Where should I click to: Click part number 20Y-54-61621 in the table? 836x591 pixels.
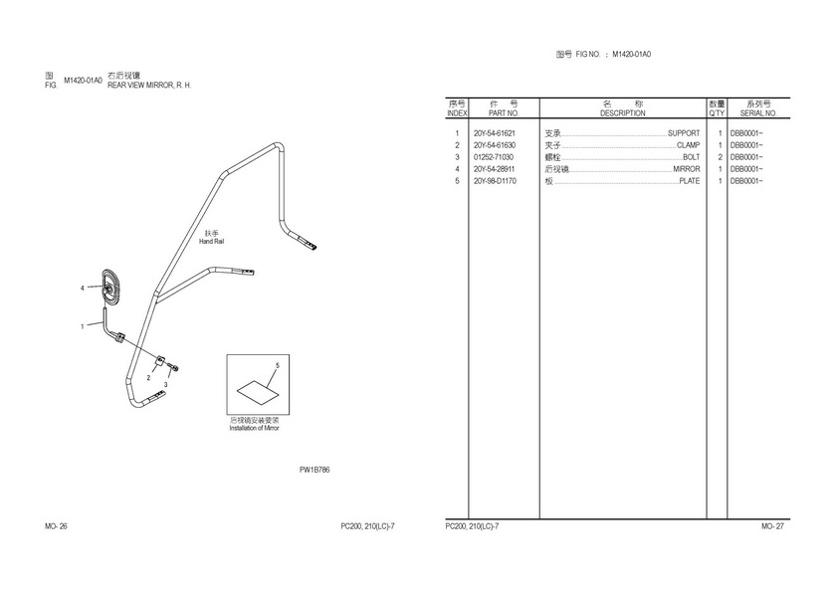495,133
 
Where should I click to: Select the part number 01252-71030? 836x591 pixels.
494,157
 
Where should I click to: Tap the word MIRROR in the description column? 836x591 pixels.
686,169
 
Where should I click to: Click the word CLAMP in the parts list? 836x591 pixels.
688,145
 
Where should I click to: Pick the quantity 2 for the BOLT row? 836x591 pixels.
720,157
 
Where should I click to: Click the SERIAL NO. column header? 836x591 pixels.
758,113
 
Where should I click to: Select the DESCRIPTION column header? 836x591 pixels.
622,113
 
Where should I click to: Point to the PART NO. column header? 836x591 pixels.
504,113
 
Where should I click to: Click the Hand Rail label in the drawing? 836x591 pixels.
212,242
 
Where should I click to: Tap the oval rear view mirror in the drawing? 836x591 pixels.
110,288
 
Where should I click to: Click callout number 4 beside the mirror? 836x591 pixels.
82,289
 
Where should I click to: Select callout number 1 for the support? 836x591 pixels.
82,326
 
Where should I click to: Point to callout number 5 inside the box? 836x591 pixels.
278,365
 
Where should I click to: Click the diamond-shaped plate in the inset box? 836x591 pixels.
258,392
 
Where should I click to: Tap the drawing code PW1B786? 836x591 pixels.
314,470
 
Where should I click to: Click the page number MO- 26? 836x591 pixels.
56,526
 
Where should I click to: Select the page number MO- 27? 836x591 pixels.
772,526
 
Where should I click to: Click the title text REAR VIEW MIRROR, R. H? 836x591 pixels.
149,86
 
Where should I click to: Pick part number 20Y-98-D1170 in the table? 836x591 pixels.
495,181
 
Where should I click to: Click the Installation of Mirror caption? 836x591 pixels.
254,428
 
